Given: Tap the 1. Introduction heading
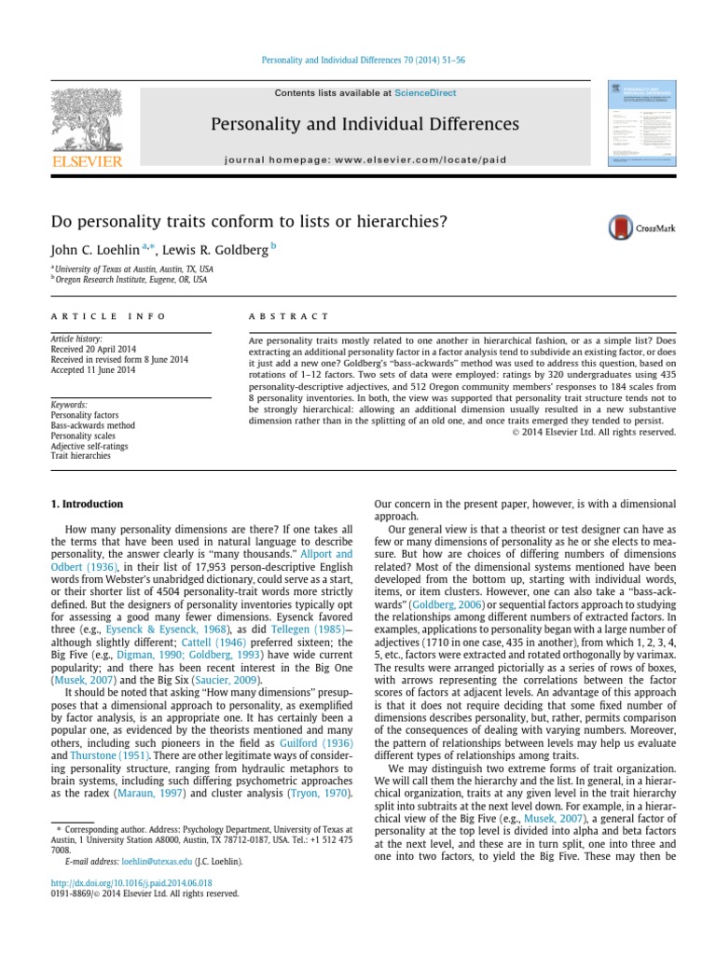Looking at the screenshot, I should point(86,504).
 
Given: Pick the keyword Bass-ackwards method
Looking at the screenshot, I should point(93,424).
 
